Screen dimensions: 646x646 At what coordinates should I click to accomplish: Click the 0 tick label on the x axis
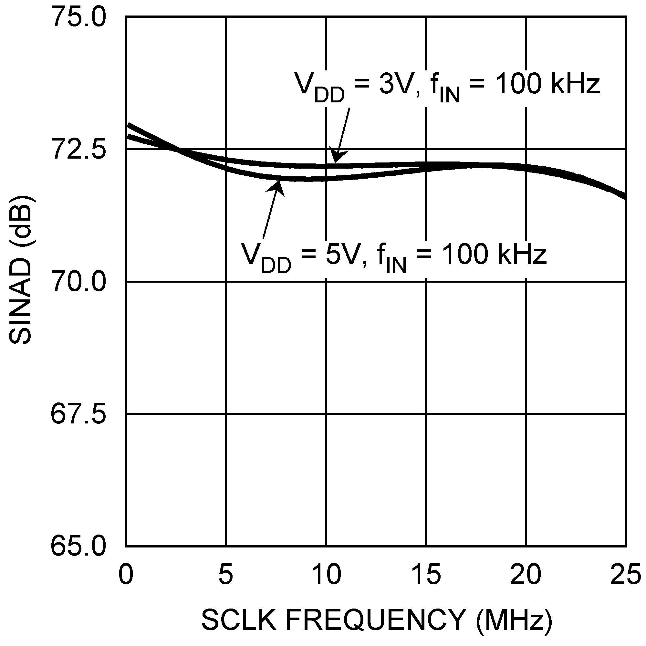126,574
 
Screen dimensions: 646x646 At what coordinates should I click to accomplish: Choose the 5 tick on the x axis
226,574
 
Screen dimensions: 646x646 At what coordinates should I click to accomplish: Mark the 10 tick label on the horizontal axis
326,574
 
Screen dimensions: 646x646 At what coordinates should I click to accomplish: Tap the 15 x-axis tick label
426,574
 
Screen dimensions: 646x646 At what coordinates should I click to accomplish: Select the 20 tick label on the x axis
526,574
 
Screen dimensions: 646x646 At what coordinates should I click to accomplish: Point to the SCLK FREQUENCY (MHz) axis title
376,619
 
